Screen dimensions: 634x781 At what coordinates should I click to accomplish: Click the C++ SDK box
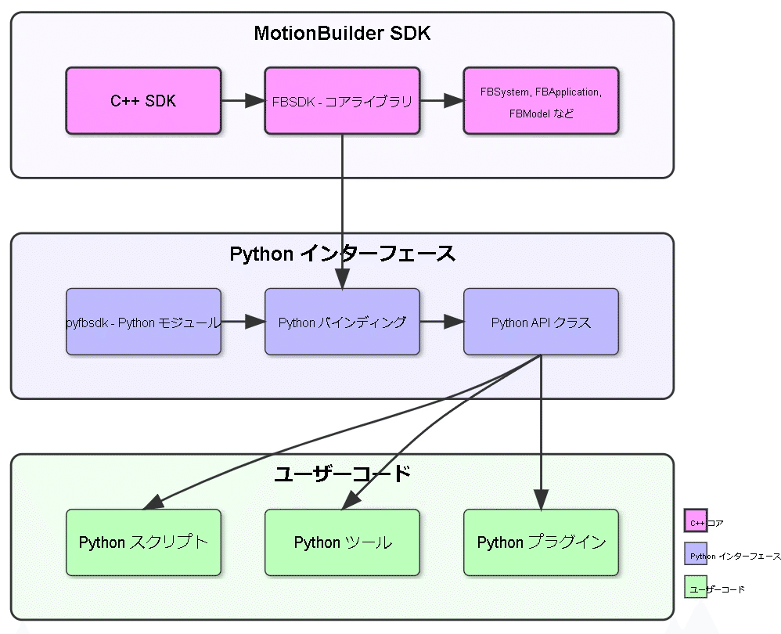click(143, 100)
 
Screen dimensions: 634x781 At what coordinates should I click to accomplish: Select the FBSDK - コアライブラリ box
click(342, 100)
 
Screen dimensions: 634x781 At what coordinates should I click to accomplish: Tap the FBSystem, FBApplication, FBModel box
click(541, 100)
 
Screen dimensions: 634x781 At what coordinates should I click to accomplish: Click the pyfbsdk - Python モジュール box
click(143, 322)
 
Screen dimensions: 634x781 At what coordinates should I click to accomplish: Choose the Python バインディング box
click(342, 322)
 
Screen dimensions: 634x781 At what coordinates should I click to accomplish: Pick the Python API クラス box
click(541, 322)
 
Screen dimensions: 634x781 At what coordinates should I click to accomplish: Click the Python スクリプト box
click(143, 542)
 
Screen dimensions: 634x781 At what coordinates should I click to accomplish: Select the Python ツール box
click(342, 542)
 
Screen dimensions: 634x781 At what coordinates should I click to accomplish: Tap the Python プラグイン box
click(541, 542)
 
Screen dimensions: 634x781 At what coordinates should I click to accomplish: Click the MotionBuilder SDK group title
click(342, 34)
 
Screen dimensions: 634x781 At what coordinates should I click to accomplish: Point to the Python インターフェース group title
click(342, 254)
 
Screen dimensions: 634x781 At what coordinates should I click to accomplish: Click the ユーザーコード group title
click(342, 474)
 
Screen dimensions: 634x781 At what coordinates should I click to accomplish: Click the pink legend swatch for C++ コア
click(695, 521)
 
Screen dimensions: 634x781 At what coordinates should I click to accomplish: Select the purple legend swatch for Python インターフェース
click(695, 554)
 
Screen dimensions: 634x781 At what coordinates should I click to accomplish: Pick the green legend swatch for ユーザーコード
click(695, 588)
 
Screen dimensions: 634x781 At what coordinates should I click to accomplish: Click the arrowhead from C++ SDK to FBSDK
click(255, 100)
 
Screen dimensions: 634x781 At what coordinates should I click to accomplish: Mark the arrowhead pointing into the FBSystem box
click(454, 100)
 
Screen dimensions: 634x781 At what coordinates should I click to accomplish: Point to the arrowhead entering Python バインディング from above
click(342, 279)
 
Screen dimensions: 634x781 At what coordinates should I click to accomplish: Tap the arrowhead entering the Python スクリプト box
click(153, 502)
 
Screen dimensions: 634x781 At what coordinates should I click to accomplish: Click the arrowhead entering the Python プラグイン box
click(541, 499)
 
